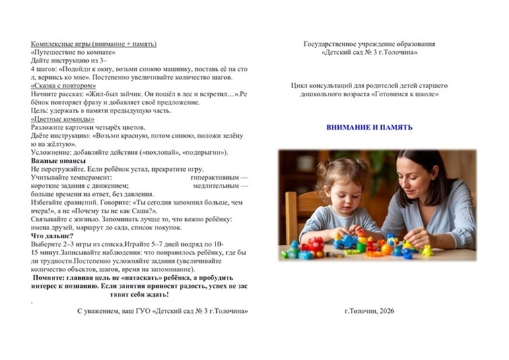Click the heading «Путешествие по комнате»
pos(73,52)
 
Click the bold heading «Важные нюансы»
pos(58,161)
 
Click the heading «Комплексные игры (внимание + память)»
pos(94,44)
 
